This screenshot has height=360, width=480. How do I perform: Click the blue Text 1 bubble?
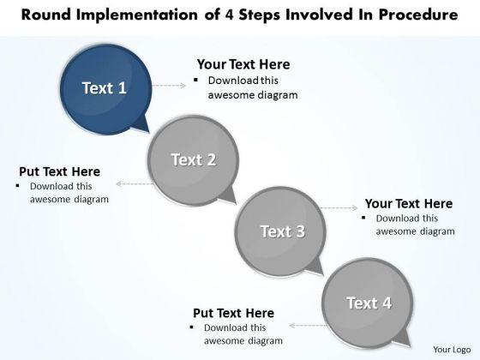(105, 89)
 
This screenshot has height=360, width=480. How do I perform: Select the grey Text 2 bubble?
(193, 160)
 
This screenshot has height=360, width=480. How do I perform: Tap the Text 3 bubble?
(280, 231)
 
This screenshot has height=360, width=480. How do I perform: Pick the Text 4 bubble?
(368, 303)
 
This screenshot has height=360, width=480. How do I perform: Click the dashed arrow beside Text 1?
(169, 86)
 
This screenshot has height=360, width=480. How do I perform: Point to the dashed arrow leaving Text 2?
(135, 183)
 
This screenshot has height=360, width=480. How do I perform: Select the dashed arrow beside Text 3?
(339, 208)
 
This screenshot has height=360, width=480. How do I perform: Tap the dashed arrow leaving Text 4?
(309, 326)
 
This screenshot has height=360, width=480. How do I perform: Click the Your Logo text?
(452, 350)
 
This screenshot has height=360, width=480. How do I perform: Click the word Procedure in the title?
(418, 15)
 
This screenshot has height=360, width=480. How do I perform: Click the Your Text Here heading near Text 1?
(243, 64)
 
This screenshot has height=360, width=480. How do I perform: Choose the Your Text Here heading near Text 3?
(409, 204)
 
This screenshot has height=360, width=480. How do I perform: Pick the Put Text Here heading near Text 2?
(60, 171)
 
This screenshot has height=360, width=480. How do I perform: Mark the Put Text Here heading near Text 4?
(233, 313)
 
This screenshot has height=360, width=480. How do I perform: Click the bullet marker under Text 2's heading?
(18, 185)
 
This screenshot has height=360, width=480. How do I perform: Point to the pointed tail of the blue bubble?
(144, 125)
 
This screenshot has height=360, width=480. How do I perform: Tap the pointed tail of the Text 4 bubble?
(404, 339)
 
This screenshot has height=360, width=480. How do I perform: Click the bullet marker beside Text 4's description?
(192, 327)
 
